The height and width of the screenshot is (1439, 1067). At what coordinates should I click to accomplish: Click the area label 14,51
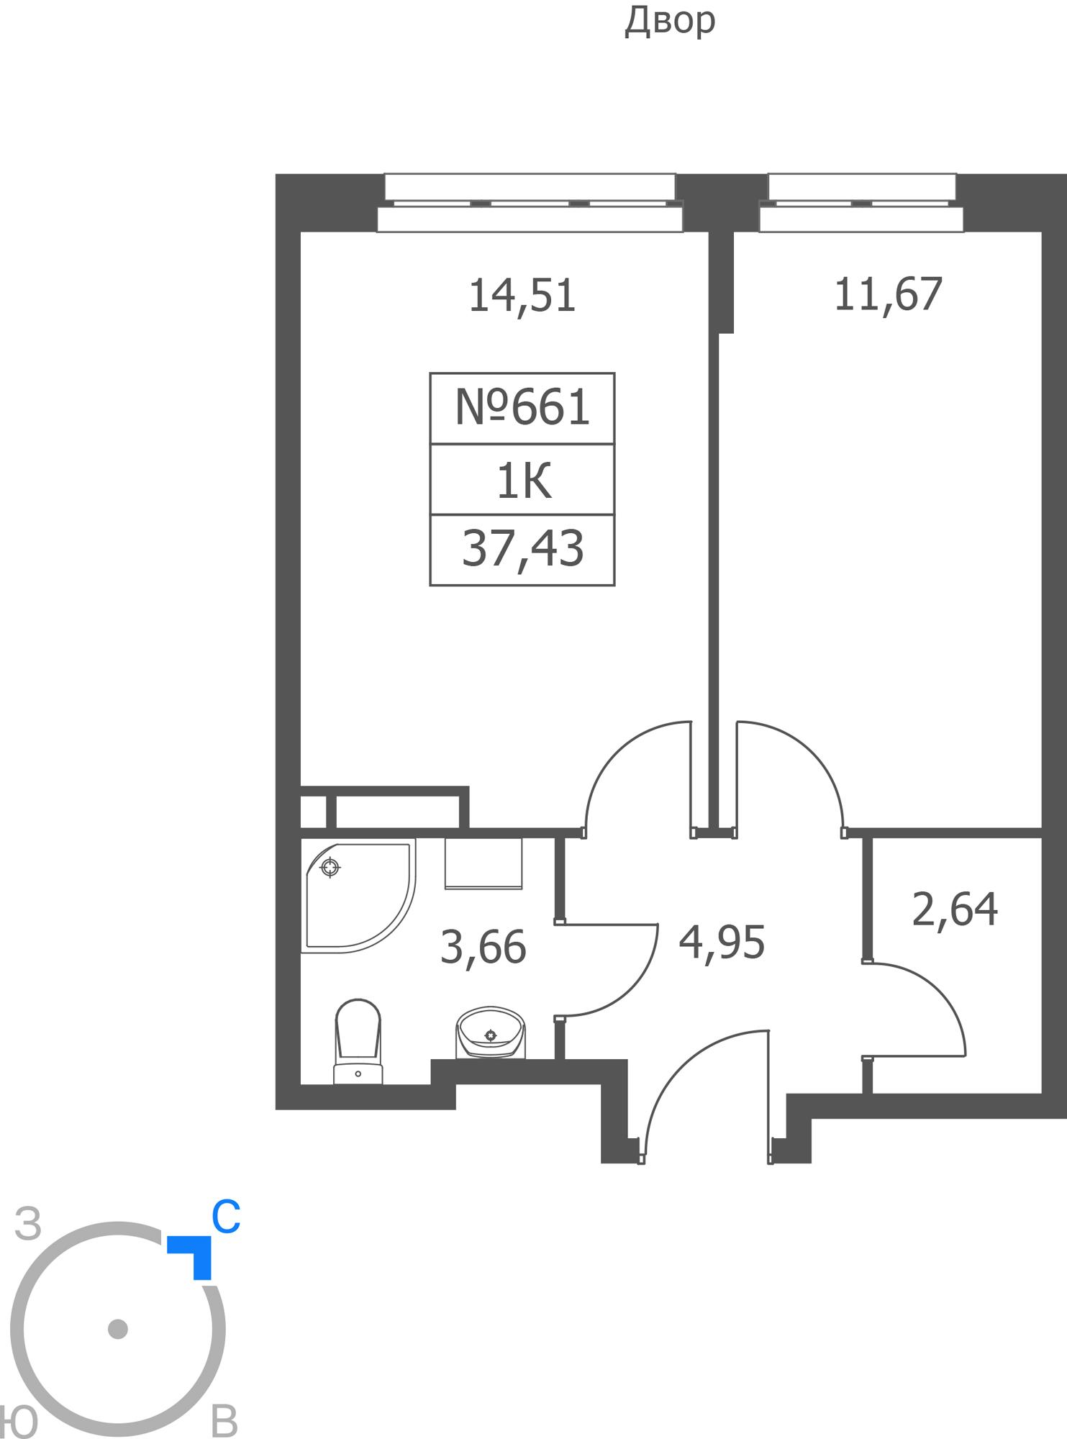click(x=522, y=296)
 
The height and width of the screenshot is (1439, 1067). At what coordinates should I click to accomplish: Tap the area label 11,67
click(x=888, y=294)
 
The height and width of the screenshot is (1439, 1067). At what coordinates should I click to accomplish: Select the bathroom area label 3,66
click(x=483, y=947)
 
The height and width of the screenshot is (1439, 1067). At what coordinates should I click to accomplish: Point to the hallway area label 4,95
click(x=722, y=943)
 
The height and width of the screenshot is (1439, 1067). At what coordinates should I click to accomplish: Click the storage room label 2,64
click(x=955, y=909)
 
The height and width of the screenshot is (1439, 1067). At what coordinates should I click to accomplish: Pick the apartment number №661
click(x=522, y=407)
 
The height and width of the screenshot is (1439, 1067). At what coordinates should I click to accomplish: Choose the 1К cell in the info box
click(x=524, y=481)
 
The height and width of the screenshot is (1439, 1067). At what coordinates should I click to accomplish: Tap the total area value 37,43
click(x=522, y=548)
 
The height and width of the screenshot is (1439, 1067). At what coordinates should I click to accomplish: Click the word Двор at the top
click(x=670, y=20)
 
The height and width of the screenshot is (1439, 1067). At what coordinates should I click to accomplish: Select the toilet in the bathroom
click(x=358, y=1041)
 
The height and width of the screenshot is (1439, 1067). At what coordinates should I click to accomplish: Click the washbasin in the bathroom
click(x=491, y=1032)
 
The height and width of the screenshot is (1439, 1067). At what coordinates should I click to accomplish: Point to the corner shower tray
click(x=358, y=896)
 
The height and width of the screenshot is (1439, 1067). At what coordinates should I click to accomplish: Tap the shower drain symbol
click(x=330, y=868)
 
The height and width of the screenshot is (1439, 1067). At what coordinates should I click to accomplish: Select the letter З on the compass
click(x=28, y=1224)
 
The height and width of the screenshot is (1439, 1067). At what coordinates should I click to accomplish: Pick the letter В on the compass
click(x=224, y=1421)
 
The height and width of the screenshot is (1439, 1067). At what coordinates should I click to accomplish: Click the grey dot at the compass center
click(x=118, y=1329)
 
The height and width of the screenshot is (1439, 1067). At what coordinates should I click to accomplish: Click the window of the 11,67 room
click(x=861, y=203)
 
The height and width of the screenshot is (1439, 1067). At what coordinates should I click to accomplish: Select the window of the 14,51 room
click(x=530, y=203)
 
